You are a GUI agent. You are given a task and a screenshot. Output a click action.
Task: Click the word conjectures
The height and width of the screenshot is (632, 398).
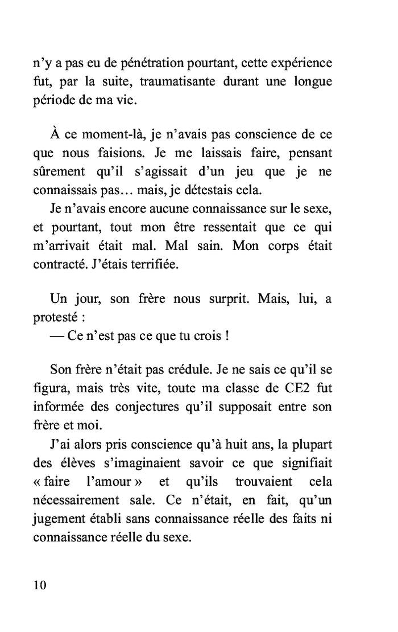(163, 407)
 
